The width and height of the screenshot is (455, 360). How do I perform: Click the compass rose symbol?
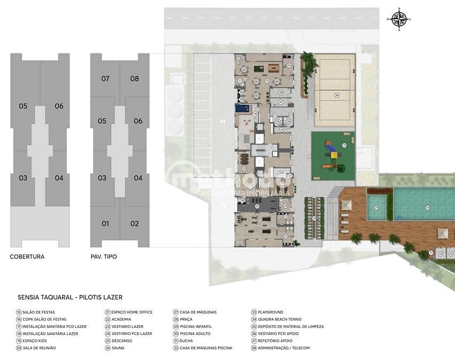tap(399, 19)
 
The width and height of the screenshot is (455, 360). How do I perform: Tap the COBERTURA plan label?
tap(27, 256)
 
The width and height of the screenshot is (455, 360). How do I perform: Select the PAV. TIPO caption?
tap(104, 256)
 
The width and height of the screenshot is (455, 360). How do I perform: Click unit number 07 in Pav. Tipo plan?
tap(105, 79)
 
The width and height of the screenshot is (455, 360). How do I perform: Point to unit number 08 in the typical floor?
tap(135, 79)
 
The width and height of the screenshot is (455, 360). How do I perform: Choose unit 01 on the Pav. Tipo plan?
tap(105, 223)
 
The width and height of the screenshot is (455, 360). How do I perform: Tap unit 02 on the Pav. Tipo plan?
tap(135, 223)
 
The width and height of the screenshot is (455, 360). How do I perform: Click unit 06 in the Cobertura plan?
tap(59, 106)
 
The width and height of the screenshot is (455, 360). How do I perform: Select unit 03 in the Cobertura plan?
tap(23, 178)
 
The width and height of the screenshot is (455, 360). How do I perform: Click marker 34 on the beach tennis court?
tap(336, 95)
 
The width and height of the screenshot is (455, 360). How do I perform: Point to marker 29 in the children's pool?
tap(376, 207)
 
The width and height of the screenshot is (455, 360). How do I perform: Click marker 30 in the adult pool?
tap(427, 207)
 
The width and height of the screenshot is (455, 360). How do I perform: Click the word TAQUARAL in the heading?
tap(56, 297)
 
